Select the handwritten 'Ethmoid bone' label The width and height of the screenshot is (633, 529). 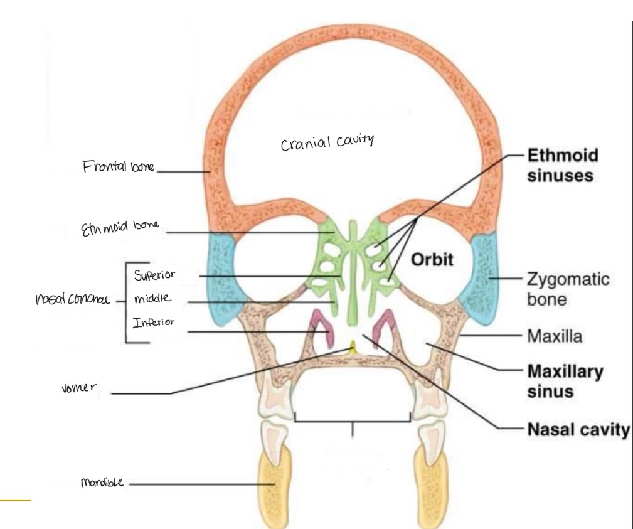coord(122,232)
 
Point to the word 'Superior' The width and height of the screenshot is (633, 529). coord(154,275)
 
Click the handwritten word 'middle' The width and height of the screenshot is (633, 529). coord(152,299)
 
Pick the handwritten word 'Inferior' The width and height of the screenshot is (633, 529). coord(154,323)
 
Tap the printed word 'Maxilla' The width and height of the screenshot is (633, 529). coord(555,336)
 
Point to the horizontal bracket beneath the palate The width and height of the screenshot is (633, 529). coord(352,420)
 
